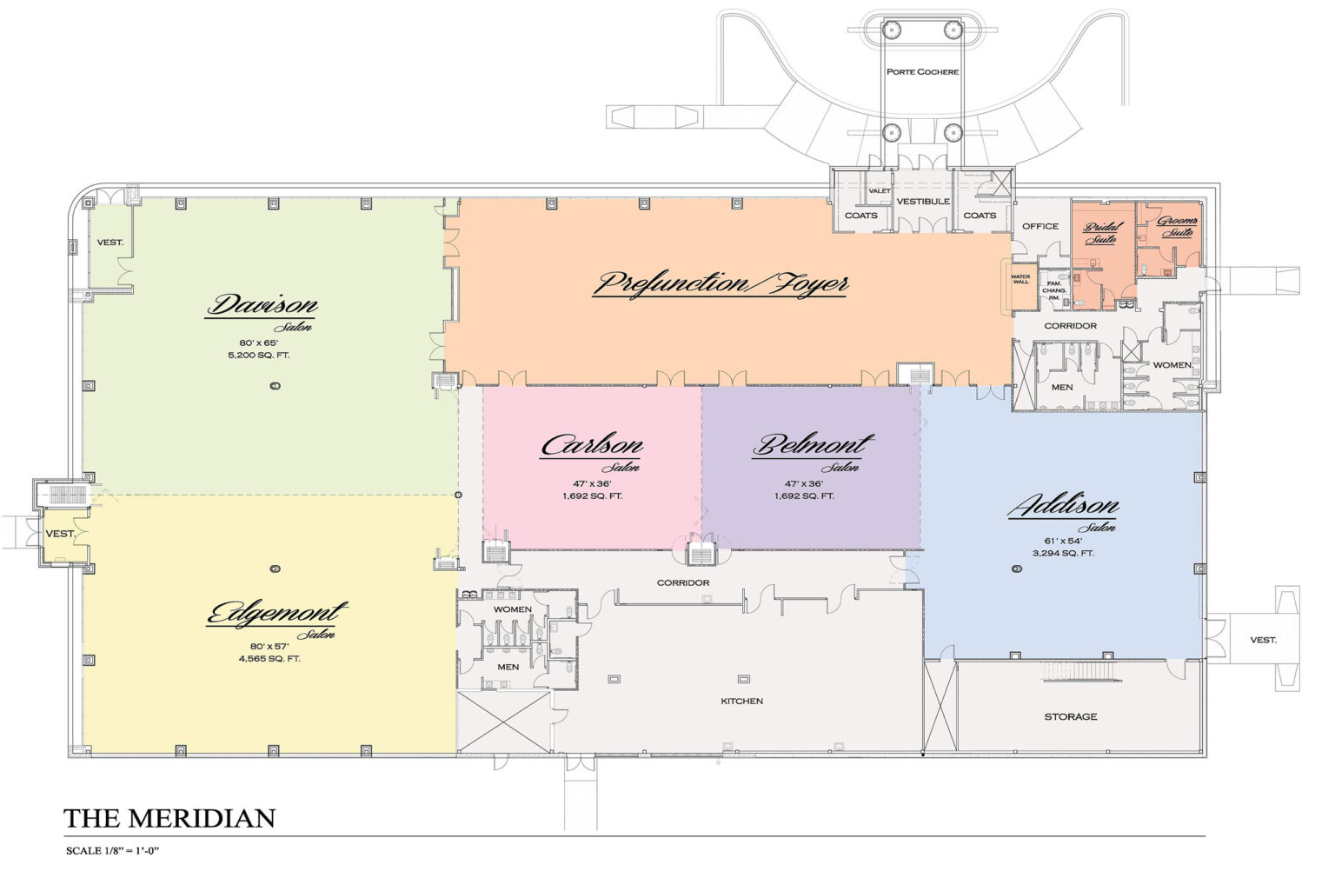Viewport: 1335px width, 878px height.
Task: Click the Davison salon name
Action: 262,306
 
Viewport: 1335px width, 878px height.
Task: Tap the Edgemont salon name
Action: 276,614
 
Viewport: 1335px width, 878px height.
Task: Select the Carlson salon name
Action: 592,446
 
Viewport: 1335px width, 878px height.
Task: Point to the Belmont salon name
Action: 812,446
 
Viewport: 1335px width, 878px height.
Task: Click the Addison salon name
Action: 1063,506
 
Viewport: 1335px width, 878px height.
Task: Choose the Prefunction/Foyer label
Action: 721,283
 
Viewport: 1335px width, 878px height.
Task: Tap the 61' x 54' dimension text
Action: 1063,540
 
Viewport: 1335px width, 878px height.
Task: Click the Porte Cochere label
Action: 922,71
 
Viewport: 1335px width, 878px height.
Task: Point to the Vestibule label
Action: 922,202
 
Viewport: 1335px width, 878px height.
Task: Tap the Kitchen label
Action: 741,701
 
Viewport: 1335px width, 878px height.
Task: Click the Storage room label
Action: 1070,717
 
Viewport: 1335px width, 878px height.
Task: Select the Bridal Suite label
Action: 1102,233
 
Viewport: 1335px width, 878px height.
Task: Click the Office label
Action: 1039,226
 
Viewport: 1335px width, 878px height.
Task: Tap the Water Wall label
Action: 1020,280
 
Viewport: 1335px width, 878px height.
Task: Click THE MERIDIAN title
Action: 169,819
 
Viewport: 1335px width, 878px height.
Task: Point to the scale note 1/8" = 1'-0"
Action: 113,851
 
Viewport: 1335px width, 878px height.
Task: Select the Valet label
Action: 880,191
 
